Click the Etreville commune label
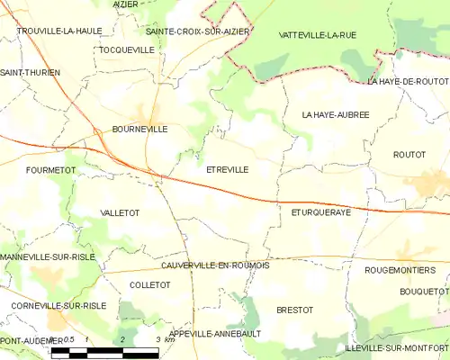point(227,169)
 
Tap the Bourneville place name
point(139,129)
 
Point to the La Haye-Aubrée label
point(336,114)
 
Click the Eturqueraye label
point(320,213)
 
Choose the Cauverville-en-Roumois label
point(215,265)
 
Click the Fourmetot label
point(50,169)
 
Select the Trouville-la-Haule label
point(59,31)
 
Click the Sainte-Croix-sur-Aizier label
point(197,31)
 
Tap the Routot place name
point(409,155)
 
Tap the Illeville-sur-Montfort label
point(396,347)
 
